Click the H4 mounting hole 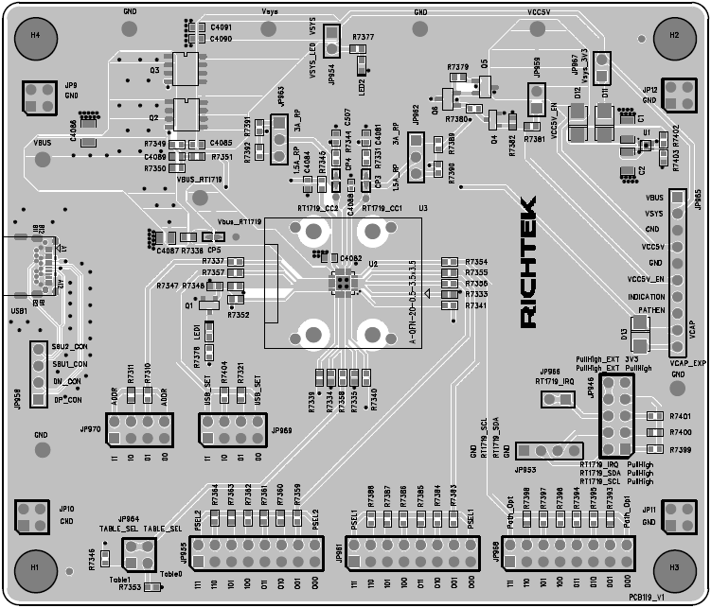coord(36,34)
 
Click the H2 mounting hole coord(674,35)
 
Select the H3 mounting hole coord(674,568)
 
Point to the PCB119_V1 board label coord(673,599)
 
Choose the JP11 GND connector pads coord(678,515)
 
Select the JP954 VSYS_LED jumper coord(332,41)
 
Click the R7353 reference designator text coord(130,587)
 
